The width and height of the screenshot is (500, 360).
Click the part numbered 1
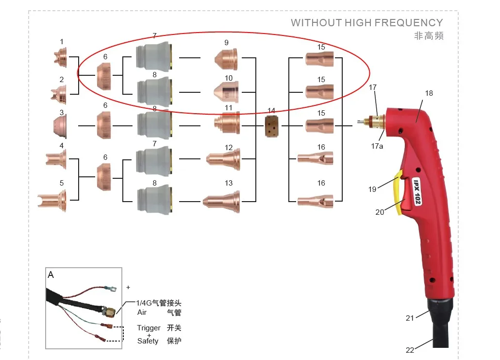[x=61, y=58]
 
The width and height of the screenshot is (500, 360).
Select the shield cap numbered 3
[x=60, y=126]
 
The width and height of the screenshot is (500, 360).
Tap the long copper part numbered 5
[x=52, y=201]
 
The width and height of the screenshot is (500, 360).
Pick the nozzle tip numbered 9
[x=226, y=59]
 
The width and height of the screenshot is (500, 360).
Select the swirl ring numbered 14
[x=271, y=126]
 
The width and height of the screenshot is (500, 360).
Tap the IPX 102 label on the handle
[x=417, y=191]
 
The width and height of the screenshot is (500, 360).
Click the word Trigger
[x=149, y=328]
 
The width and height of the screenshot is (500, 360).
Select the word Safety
[x=148, y=341]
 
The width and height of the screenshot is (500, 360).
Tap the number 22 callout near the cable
[x=410, y=350]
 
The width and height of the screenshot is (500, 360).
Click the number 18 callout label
[x=429, y=93]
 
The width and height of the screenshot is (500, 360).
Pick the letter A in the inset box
[x=50, y=275]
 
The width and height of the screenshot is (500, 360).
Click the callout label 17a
[x=377, y=146]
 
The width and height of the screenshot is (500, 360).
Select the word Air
[x=142, y=312]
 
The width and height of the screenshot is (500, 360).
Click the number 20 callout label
[x=380, y=212]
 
